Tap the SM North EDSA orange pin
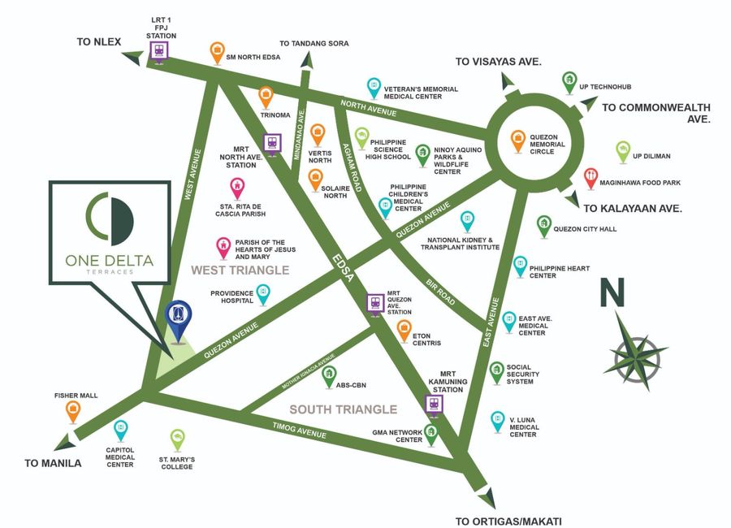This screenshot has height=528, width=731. [217, 52]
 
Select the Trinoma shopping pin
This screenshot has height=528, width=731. [266, 96]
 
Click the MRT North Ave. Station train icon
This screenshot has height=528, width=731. [272, 141]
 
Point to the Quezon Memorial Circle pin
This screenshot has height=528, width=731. [517, 140]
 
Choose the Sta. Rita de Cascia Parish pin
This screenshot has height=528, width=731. [237, 188]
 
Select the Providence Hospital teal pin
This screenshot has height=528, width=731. [262, 293]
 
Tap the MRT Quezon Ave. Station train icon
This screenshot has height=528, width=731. [374, 303]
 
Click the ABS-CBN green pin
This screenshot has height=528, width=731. [329, 375]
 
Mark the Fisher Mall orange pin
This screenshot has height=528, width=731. [73, 411]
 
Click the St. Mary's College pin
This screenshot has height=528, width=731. [176, 440]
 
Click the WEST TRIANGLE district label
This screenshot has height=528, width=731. [240, 270]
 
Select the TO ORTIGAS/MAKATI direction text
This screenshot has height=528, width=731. [508, 522]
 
